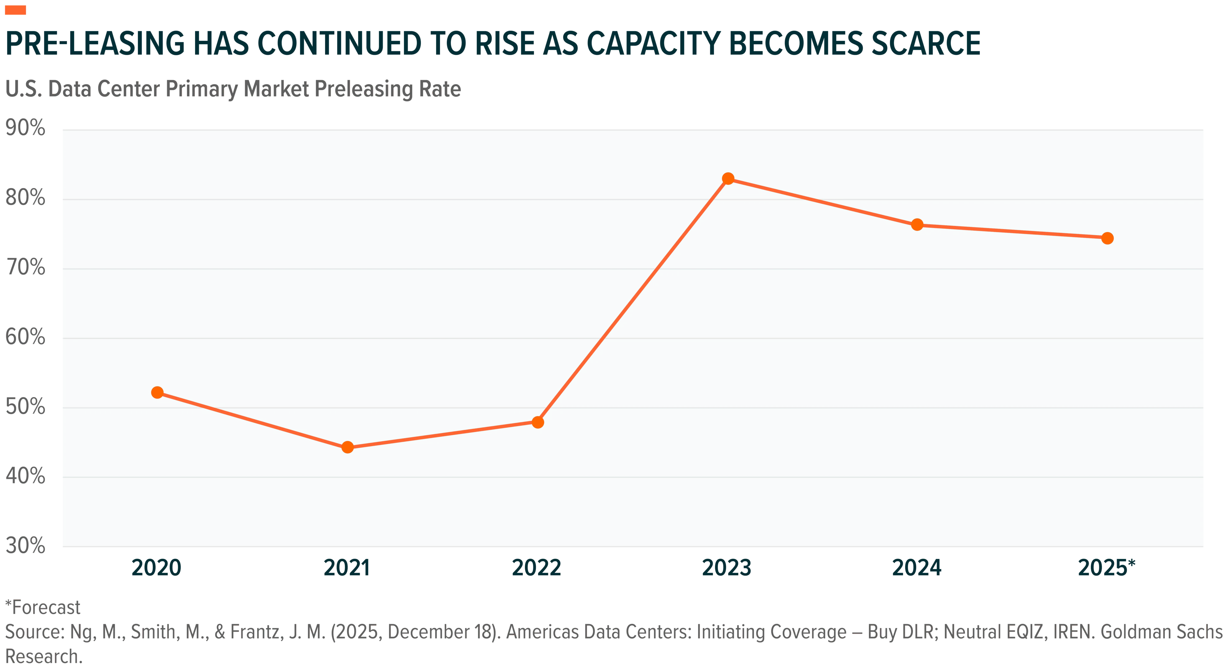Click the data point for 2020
(157, 393)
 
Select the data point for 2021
(347, 447)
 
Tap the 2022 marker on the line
(538, 422)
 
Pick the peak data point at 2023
(728, 179)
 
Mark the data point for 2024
(917, 225)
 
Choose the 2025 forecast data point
(1108, 238)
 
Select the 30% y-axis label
(25, 545)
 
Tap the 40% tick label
(25, 476)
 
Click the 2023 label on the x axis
(727, 568)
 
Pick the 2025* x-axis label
(1107, 567)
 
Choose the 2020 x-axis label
(156, 568)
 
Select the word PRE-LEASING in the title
(95, 43)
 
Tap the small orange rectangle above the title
(15, 10)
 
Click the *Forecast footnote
(43, 608)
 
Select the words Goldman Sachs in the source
(1161, 632)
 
